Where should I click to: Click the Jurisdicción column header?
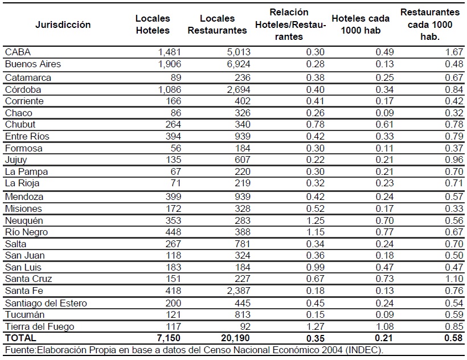pos(63,24)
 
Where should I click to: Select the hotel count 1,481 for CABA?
pos(169,52)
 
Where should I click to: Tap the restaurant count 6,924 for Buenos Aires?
pos(239,64)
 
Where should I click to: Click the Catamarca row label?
pos(28,77)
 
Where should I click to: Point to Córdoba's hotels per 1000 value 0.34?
pos(384,89)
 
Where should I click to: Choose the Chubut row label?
pos(20,124)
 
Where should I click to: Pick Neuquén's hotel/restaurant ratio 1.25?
pos(315,220)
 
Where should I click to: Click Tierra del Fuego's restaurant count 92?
pos(245,326)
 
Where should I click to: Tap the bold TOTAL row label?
pos(21,338)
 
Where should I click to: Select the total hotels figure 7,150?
pos(169,338)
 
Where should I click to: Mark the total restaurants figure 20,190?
pos(235,338)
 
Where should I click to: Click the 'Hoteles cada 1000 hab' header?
pos(361,24)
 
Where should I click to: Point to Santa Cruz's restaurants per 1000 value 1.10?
pos(454,279)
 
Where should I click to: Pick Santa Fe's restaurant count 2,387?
pos(239,291)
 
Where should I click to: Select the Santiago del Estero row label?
pos(46,303)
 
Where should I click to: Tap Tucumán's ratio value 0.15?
pos(315,315)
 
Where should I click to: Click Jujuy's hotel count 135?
pos(173,159)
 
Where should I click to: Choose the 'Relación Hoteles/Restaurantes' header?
pos(290,24)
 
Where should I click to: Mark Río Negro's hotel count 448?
pos(173,232)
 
